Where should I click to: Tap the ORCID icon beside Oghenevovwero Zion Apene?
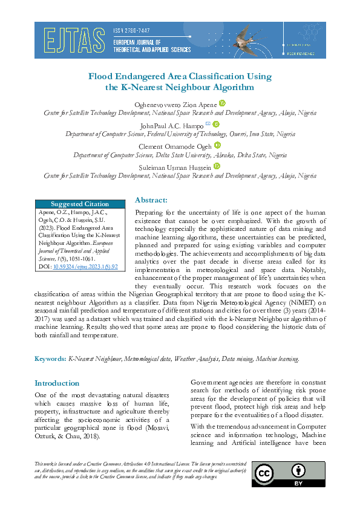[x=222, y=103]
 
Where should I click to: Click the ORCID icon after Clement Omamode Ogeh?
[x=218, y=145]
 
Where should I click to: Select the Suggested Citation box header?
[x=80, y=204]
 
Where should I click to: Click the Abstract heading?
[x=151, y=200]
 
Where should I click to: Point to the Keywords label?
[x=50, y=358]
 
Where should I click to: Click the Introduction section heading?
[x=57, y=383]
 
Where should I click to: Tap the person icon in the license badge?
[x=298, y=470]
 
